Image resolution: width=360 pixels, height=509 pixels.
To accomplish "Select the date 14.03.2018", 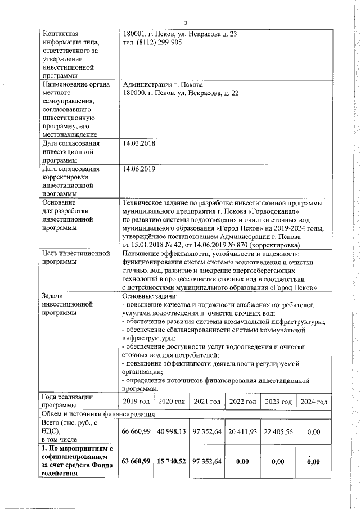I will (x=139, y=143).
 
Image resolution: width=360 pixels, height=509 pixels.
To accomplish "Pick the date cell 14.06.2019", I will (x=139, y=169).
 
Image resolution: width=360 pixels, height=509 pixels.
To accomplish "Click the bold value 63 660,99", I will (x=136, y=461).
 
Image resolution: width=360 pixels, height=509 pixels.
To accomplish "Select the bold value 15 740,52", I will (x=172, y=461).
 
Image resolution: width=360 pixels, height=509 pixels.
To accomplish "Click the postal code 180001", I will (x=135, y=34).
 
